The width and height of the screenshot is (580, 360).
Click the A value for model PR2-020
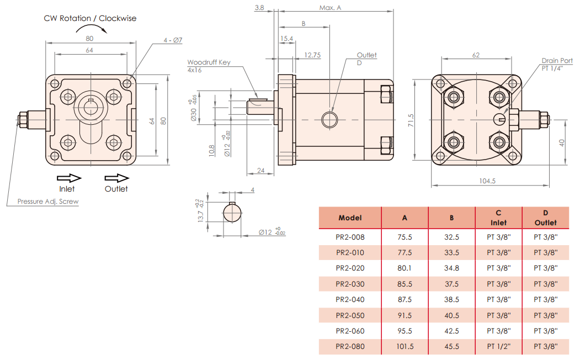coord(405,268)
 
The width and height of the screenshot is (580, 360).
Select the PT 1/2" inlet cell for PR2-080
coord(498,347)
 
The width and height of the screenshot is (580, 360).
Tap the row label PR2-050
coord(350,315)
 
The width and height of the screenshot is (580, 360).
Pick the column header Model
coord(350,218)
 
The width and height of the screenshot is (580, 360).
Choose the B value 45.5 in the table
coord(451,347)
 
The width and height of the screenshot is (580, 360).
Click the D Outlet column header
coord(545,218)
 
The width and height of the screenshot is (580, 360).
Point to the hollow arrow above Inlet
coord(70,178)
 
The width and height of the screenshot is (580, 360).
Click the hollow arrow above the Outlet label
coord(116,178)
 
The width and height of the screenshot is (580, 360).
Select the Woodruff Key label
coord(209,62)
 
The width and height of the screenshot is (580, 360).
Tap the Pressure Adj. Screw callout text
coord(47,202)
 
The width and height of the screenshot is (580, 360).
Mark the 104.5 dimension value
coord(487,181)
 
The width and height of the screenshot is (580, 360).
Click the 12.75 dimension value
coord(312,55)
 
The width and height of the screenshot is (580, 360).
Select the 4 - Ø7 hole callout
coord(173,40)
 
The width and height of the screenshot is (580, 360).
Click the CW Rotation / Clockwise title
coord(90,18)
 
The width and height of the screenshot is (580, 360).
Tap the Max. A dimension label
coord(330,8)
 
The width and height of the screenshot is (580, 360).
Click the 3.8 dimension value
coord(259,8)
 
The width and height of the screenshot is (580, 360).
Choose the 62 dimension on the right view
coord(476,55)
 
